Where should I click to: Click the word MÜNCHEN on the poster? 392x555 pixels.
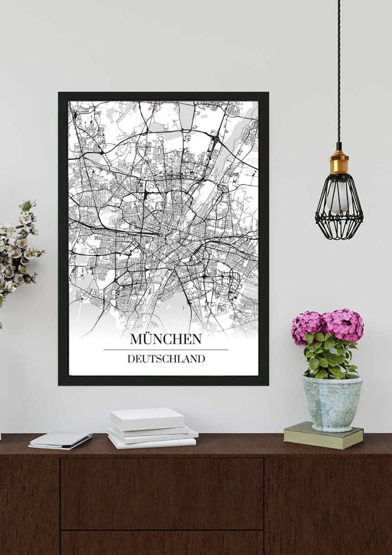click(165, 339)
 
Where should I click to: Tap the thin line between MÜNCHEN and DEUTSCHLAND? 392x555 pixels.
click(165, 350)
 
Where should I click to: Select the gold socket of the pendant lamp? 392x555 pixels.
click(339, 163)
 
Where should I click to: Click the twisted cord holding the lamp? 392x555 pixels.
click(339, 69)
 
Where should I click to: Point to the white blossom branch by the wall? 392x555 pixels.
click(18, 250)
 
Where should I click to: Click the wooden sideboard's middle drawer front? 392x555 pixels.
click(162, 493)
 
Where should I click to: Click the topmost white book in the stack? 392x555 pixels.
click(147, 419)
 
